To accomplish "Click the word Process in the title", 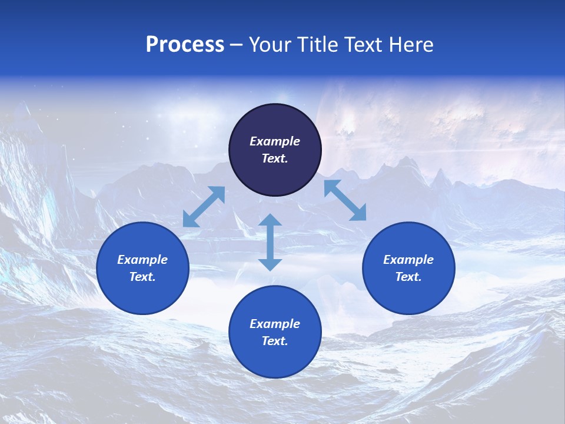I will pos(185,45).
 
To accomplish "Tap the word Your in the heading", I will pos(271,45).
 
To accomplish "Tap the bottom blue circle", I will pos(275,359).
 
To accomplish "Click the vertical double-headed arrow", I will pos(270,242).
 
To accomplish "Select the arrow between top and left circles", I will pos(204,207).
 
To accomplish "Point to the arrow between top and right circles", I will pos(345,200).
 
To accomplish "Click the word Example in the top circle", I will pos(275,141).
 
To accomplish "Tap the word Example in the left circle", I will pos(142,260).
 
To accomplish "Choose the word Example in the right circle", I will pos(408,260).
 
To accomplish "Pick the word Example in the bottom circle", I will pos(275,324).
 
